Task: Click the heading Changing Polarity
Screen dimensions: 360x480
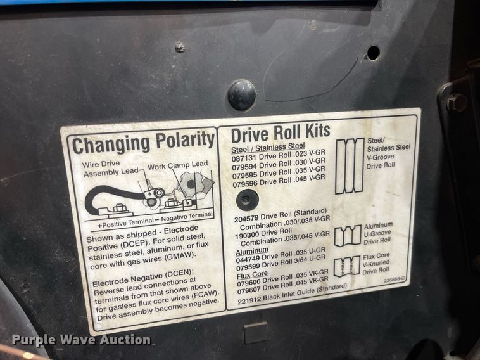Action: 143,143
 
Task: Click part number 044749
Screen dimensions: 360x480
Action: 249,259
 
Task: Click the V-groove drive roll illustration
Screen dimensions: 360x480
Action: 350,165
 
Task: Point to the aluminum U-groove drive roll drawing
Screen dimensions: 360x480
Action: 347,235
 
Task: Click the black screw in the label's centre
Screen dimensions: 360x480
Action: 247,201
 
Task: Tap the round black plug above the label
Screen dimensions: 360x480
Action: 242,94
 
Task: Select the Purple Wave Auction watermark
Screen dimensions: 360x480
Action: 81,340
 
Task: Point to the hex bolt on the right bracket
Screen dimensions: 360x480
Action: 457,102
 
